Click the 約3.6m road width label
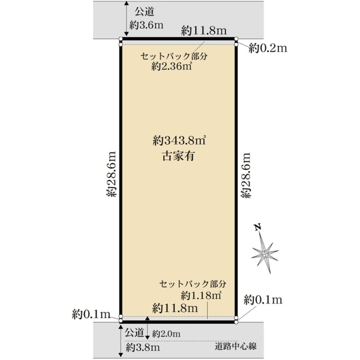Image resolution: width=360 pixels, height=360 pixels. (x=146, y=25)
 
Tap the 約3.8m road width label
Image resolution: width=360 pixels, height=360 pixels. (x=143, y=347)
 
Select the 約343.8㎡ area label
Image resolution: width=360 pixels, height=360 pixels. (x=179, y=140)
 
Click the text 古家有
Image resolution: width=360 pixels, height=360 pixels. (x=179, y=156)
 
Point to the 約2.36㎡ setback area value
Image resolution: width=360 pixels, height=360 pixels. (x=172, y=67)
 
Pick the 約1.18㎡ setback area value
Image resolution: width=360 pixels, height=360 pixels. (x=201, y=295)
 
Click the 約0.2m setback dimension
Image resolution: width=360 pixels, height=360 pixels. (x=268, y=48)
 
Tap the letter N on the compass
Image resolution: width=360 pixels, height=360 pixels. (x=258, y=227)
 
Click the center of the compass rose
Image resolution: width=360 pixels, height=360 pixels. (x=265, y=254)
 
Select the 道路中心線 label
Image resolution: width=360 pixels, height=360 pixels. (x=236, y=346)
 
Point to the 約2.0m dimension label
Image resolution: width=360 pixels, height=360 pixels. (x=166, y=334)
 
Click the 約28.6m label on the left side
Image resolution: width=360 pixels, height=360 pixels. (x=112, y=174)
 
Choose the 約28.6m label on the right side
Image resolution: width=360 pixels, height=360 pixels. (x=247, y=175)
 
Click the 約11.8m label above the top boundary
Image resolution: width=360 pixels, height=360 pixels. (x=204, y=31)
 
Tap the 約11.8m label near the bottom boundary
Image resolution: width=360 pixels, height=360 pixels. (x=175, y=308)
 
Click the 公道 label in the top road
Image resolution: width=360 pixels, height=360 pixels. (x=144, y=12)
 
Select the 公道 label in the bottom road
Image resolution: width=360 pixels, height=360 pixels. (x=134, y=332)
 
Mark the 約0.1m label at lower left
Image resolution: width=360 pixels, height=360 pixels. (x=91, y=314)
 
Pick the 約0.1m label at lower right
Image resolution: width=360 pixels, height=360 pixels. (x=263, y=300)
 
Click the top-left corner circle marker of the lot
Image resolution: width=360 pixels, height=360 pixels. (x=121, y=39)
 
